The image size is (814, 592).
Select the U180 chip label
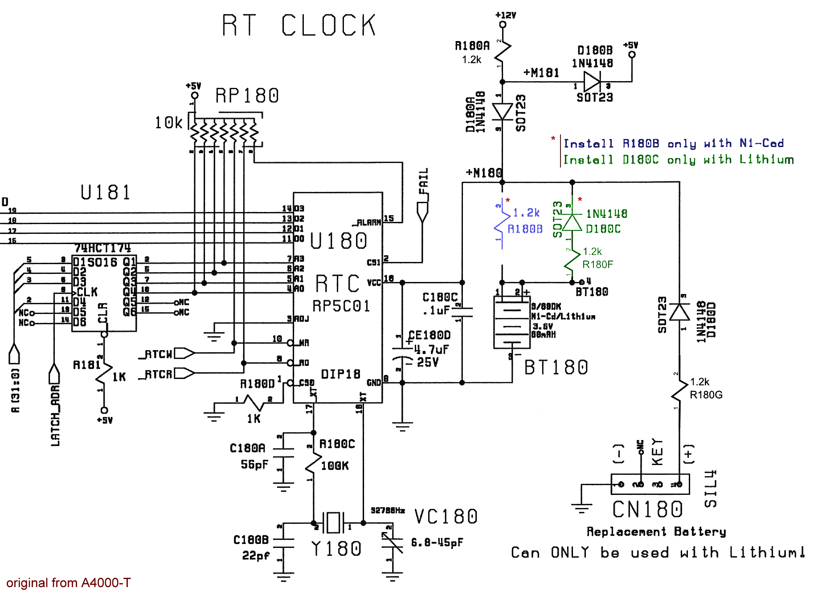tap(339, 241)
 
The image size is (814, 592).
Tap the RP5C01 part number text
tap(341, 306)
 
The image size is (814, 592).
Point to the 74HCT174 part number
tap(102, 248)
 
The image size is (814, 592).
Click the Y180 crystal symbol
tap(334, 522)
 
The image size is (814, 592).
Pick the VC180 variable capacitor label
tap(446, 517)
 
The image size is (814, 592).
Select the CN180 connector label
tap(647, 510)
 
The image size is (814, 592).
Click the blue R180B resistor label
tap(525, 229)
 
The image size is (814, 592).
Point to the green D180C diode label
tap(603, 229)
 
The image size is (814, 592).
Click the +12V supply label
tap(506, 15)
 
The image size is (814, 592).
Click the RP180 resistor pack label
tap(247, 96)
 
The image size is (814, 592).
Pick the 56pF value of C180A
tap(254, 465)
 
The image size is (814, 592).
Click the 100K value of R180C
tap(335, 466)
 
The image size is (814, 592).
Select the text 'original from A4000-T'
tap(69, 583)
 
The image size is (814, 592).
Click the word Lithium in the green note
tap(766, 159)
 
